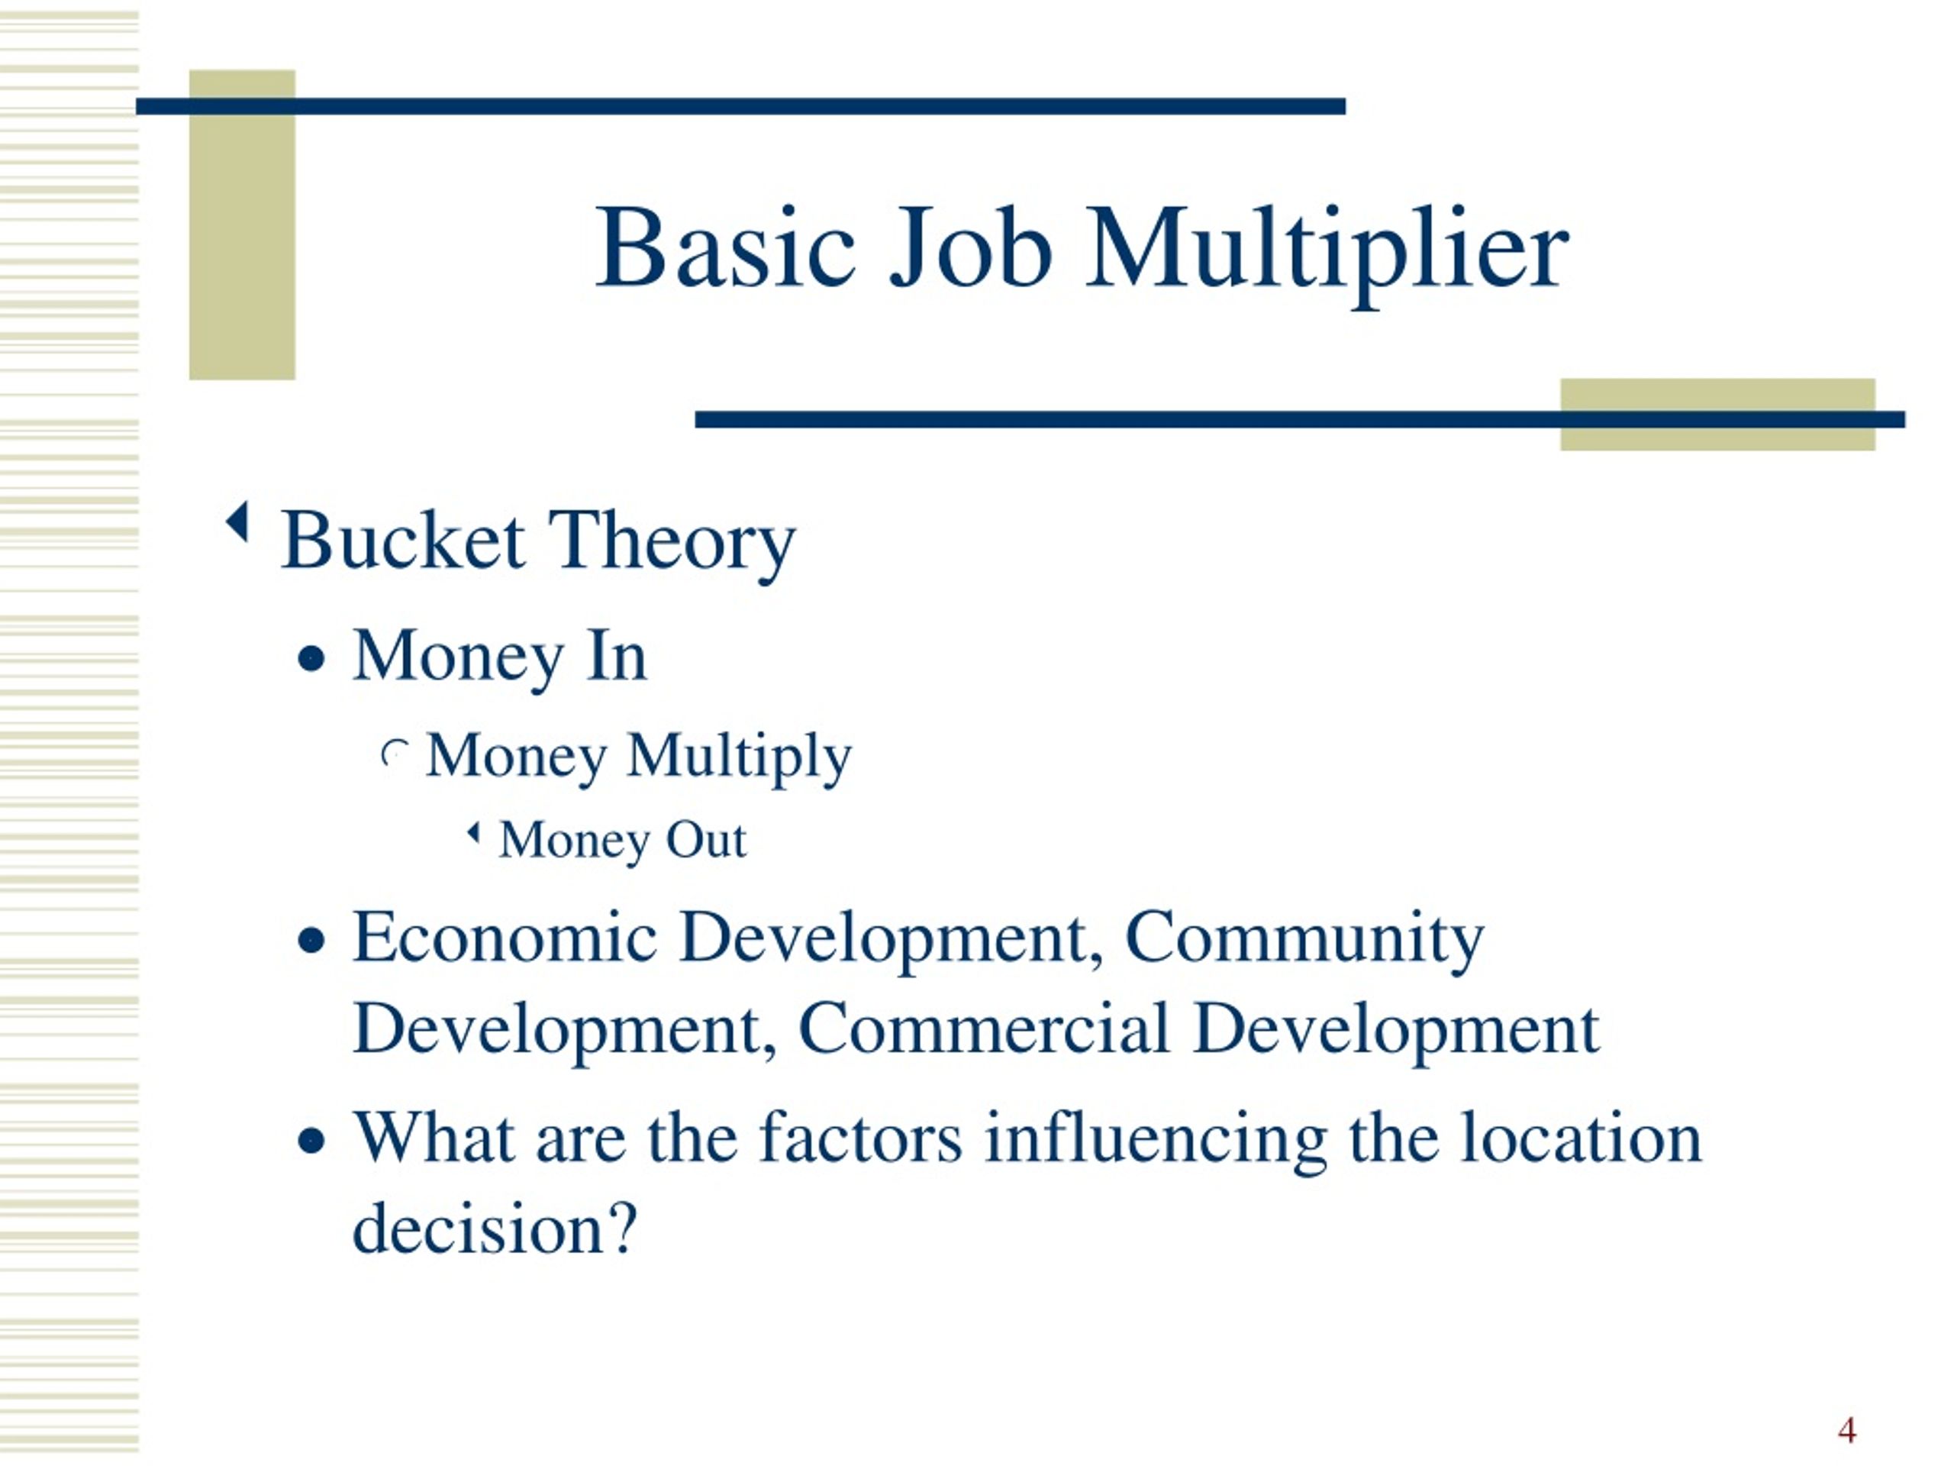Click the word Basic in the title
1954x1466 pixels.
click(x=725, y=248)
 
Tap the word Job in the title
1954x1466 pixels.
click(x=970, y=248)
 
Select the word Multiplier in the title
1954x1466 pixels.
click(x=1327, y=252)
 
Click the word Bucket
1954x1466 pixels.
click(x=403, y=541)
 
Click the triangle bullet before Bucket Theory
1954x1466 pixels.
click(x=237, y=522)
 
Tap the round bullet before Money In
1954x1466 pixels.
click(x=311, y=659)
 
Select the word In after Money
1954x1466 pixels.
click(x=617, y=657)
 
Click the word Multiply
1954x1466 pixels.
click(x=739, y=758)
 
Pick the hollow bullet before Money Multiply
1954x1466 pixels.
click(x=394, y=754)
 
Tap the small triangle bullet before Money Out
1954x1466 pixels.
click(x=473, y=832)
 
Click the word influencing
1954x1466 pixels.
click(x=1156, y=1139)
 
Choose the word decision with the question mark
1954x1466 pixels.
click(x=495, y=1229)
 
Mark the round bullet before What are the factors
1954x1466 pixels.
click(x=311, y=1141)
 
